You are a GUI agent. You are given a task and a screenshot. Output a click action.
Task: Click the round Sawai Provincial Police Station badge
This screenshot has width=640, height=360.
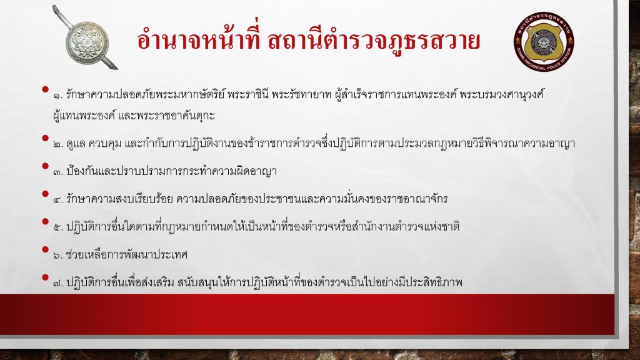click(x=544, y=41)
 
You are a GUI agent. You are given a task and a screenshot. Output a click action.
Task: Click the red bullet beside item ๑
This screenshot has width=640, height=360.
click(x=45, y=89)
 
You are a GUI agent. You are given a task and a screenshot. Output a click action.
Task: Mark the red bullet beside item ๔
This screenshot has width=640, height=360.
click(x=45, y=194)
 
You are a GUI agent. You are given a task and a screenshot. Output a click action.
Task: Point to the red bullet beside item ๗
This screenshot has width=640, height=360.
click(x=45, y=277)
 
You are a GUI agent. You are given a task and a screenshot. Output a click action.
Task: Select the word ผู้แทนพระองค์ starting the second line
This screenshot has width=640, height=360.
click(x=84, y=116)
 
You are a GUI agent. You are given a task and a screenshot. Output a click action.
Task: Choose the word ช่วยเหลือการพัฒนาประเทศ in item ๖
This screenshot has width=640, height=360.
click(x=126, y=255)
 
